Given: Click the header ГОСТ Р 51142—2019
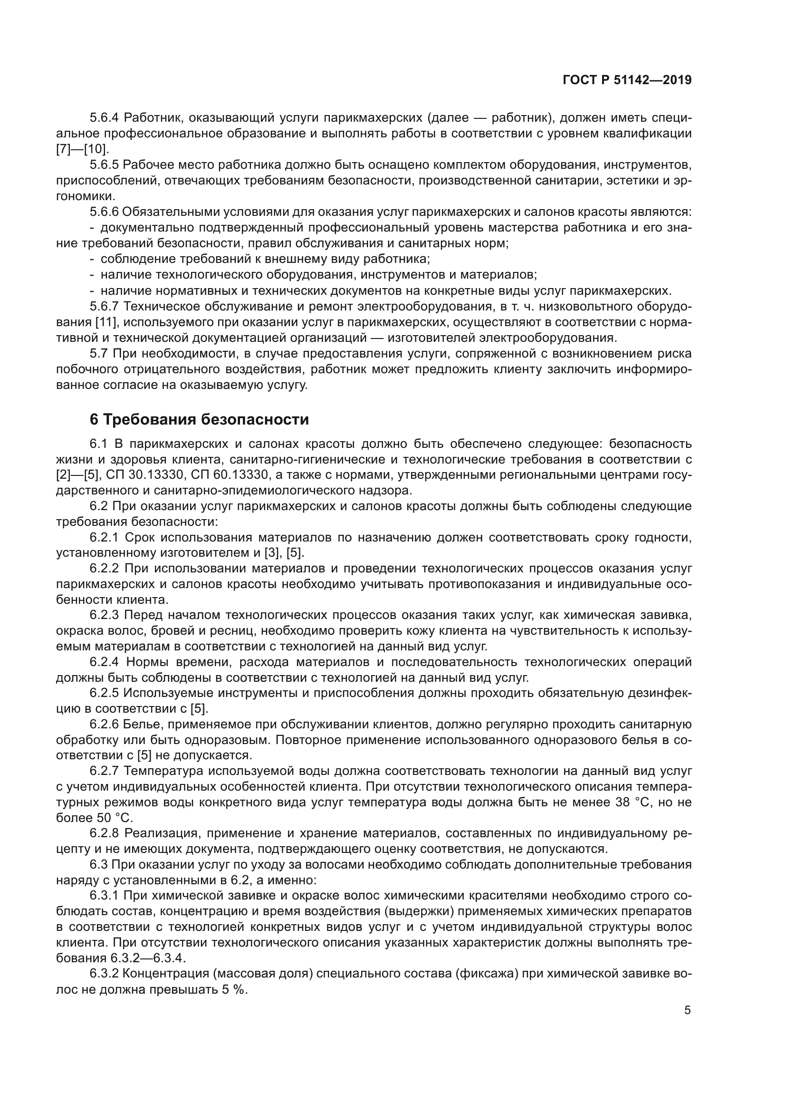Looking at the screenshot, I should [x=627, y=80].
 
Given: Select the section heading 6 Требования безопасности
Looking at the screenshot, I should [x=200, y=419].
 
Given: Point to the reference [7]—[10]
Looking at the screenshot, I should [x=83, y=149].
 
